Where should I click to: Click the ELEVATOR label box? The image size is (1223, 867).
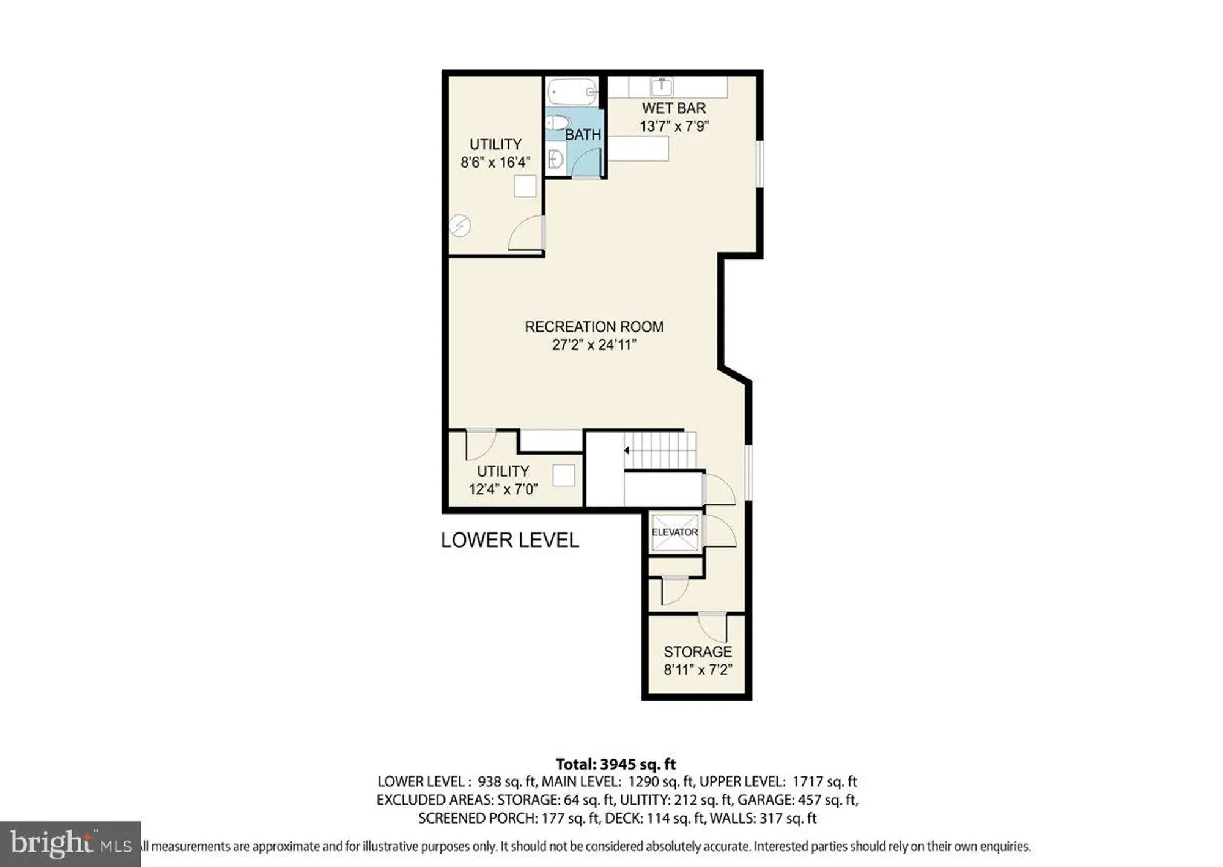coord(674,532)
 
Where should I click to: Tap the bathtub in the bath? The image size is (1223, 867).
coord(572,92)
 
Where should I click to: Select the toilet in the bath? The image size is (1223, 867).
coord(556,123)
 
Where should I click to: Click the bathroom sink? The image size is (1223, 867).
coord(555,160)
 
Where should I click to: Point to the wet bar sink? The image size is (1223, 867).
coord(662,86)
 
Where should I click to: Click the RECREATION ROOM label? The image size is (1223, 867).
coord(594,327)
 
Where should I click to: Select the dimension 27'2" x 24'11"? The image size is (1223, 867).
coord(594,345)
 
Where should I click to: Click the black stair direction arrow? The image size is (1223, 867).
coord(627,450)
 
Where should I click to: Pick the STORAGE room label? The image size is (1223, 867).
coord(698,652)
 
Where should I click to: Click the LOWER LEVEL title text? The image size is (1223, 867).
coord(509,540)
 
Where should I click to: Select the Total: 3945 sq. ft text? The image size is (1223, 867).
coord(615,764)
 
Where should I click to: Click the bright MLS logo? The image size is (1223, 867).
coord(70,844)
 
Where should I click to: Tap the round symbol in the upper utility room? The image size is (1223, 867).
coord(460,226)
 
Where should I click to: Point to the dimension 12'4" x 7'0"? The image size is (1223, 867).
coord(503,489)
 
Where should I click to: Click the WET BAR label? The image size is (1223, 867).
coord(674,108)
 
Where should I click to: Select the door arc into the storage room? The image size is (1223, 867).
coord(711,627)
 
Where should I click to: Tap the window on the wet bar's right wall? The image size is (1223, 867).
coord(760,163)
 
